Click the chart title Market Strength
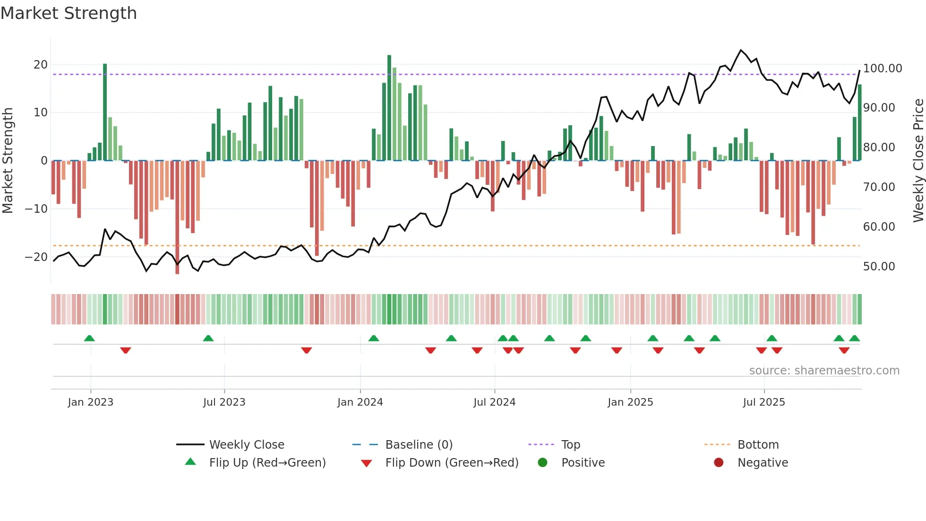[69, 13]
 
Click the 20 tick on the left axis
[41, 65]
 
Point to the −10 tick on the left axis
[37, 208]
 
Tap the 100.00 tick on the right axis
[882, 69]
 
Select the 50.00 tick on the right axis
[879, 267]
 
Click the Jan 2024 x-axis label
[360, 402]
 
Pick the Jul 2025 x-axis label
[763, 402]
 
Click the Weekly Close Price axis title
[918, 161]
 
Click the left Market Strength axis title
[8, 161]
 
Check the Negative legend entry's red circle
[719, 463]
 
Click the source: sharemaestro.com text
[824, 371]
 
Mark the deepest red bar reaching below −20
[177, 217]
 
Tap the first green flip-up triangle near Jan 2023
[89, 338]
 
